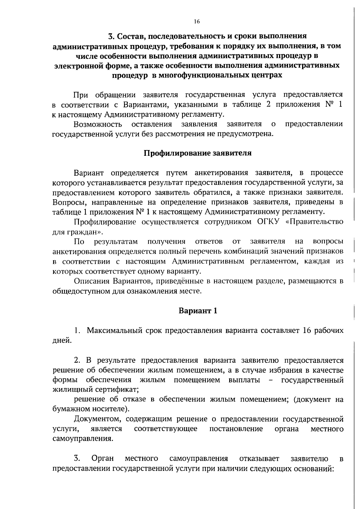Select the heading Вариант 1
coord(198,311)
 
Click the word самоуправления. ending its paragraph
coord(83,438)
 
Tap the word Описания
coord(91,281)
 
